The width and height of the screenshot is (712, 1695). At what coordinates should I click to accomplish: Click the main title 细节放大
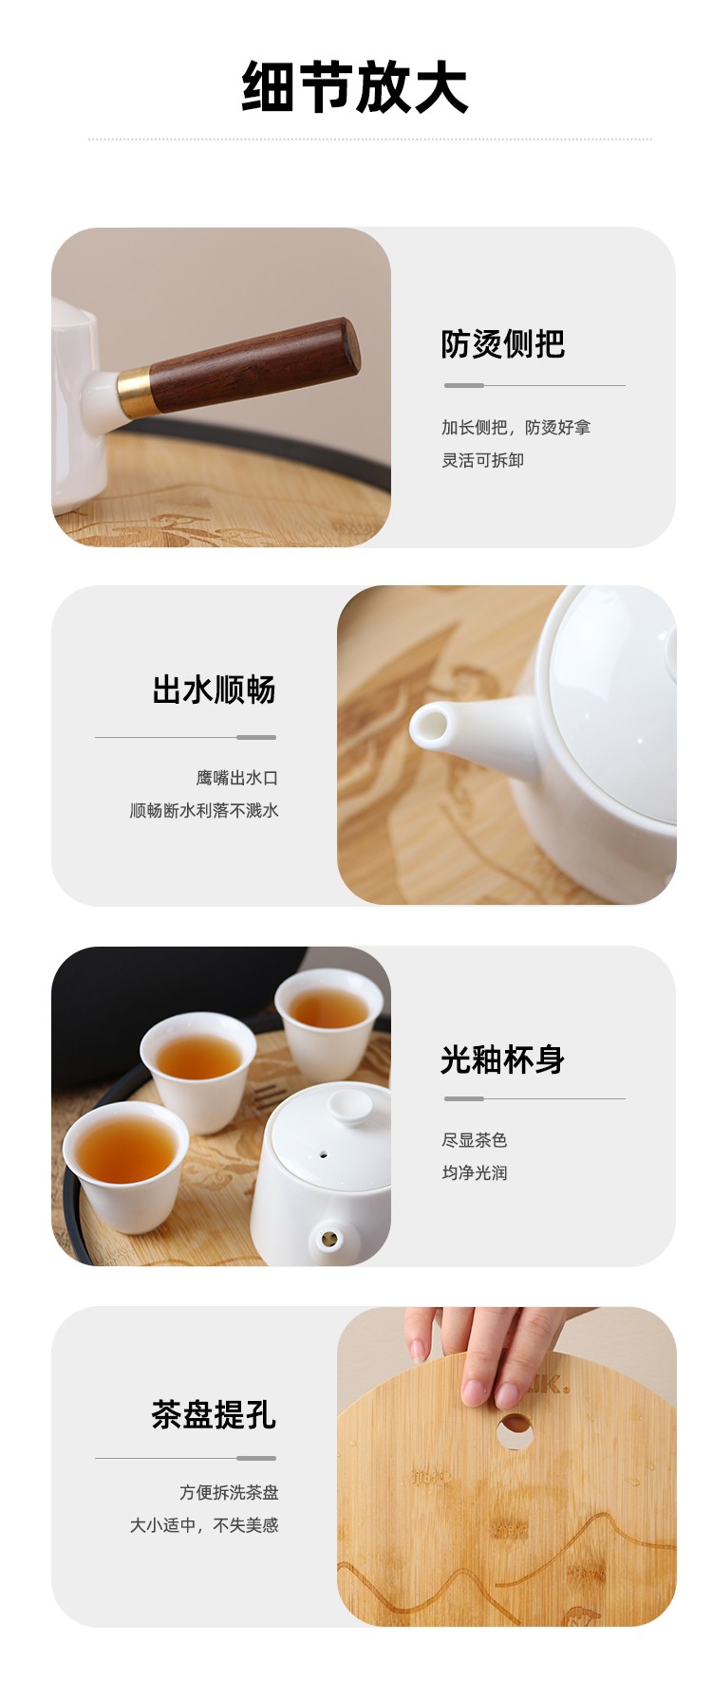coord(355,87)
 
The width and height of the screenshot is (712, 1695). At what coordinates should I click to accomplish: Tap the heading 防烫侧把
coord(502,343)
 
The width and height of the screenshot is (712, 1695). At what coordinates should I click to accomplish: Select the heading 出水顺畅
coord(214,690)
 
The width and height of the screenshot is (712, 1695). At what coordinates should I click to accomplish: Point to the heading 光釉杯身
coord(502,1059)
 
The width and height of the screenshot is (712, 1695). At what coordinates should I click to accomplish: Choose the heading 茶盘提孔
coord(214,1414)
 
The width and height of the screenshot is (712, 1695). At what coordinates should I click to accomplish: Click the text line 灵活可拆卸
coord(482,460)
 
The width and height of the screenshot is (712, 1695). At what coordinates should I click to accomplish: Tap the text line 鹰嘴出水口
coord(237,778)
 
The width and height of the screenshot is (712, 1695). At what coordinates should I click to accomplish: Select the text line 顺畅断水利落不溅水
coord(204,810)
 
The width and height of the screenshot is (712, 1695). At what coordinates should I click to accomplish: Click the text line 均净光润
coord(474,1172)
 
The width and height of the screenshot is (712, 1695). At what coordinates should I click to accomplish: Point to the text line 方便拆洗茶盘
coord(230,1492)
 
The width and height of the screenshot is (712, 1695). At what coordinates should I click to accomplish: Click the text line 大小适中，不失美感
coord(204,1525)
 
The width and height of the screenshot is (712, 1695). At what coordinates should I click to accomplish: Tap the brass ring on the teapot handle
coord(135,391)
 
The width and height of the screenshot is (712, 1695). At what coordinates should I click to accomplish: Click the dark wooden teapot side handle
coord(254,365)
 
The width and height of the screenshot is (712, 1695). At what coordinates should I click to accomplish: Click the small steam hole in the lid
coord(323,1156)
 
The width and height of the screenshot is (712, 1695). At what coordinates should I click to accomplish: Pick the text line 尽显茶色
coord(474,1139)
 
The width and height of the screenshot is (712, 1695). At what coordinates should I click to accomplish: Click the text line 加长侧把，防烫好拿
coord(515,427)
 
